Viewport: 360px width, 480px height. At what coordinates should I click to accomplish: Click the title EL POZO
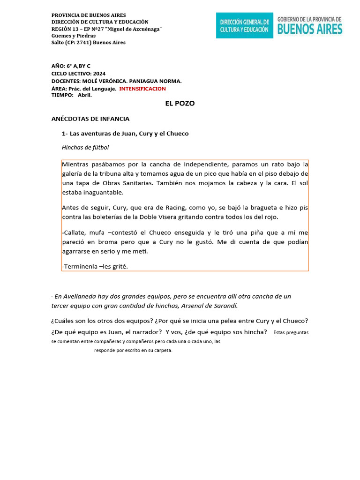point(180,104)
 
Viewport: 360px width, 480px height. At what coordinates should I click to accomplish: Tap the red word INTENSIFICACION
point(142,89)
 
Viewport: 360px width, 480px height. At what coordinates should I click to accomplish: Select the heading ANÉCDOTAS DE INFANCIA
point(90,119)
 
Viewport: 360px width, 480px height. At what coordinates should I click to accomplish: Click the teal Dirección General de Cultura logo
point(244,25)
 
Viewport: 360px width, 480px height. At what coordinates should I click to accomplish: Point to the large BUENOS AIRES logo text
point(310,29)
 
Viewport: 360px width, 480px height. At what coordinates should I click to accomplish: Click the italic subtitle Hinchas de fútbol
point(85,147)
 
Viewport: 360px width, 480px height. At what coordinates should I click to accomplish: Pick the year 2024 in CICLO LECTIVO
point(99,74)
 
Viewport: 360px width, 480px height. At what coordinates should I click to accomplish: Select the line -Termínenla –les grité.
point(95,266)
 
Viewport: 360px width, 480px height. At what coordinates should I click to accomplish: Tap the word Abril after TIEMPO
point(85,95)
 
